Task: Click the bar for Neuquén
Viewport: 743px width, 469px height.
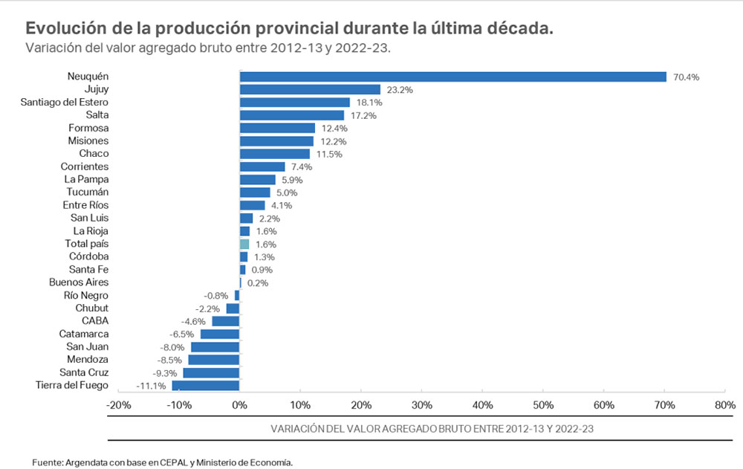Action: click(x=452, y=76)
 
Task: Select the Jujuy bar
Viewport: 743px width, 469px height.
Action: click(x=310, y=89)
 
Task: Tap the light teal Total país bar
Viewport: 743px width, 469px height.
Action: click(x=244, y=244)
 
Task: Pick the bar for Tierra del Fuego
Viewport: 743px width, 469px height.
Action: click(x=206, y=385)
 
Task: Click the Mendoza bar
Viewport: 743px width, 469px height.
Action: click(x=214, y=360)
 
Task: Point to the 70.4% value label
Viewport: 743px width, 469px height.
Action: click(x=687, y=77)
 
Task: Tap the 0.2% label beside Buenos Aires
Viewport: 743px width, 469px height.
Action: click(x=258, y=283)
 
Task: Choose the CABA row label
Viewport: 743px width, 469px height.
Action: click(x=95, y=321)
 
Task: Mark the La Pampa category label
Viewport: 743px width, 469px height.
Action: click(x=86, y=179)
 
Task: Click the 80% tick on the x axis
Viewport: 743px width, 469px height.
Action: click(x=724, y=406)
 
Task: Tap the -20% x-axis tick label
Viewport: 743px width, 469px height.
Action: click(x=119, y=406)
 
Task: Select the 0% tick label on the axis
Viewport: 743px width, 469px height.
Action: click(x=239, y=406)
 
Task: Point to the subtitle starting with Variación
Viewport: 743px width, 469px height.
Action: click(x=208, y=48)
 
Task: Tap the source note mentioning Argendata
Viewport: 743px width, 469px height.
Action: click(x=162, y=462)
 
